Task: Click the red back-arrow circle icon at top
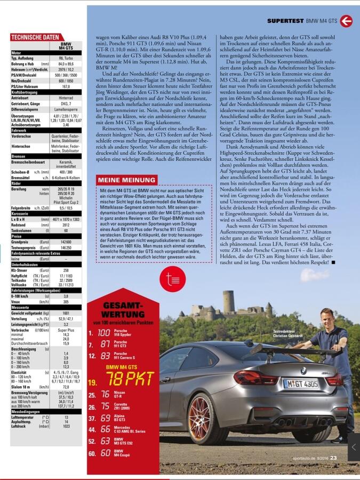[346, 21]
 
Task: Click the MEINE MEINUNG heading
[127, 180]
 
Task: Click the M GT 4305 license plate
[301, 383]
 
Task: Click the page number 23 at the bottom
[333, 457]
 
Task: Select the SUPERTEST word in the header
[285, 21]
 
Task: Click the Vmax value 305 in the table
[66, 302]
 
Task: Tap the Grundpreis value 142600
[66, 242]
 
